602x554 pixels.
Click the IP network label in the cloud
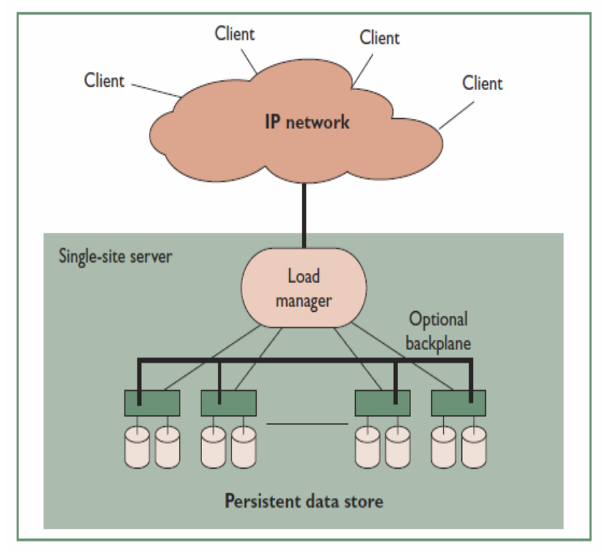307,123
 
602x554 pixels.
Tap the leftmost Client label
104,81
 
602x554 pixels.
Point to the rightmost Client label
483,83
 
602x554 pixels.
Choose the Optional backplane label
438,331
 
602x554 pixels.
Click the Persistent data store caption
304,501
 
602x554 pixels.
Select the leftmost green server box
151,403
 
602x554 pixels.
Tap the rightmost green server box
458,403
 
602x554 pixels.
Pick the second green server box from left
229,403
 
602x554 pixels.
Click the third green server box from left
382,403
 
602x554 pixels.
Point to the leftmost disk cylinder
138,448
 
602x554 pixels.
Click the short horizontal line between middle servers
307,424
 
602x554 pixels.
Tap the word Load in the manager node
304,278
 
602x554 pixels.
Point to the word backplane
438,342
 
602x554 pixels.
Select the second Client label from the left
235,33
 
